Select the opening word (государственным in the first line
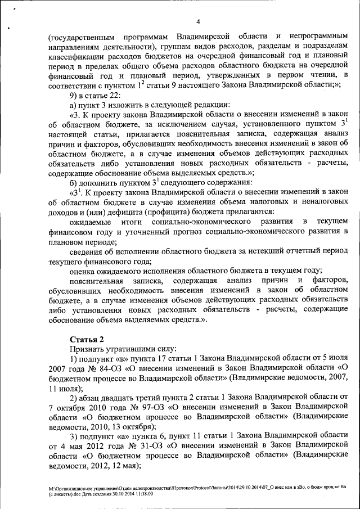82,37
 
